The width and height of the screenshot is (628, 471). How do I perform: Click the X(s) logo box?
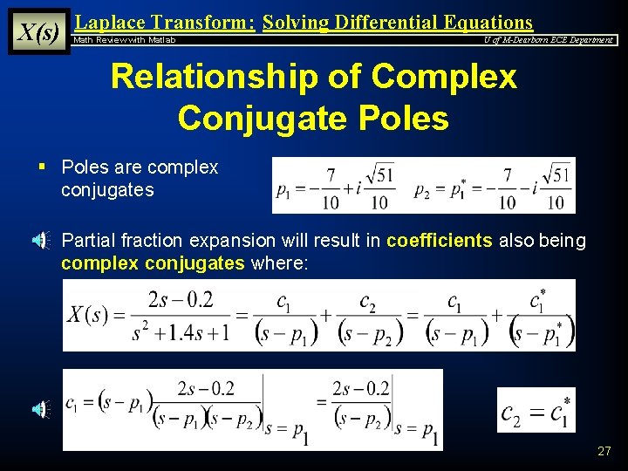pyautogui.click(x=39, y=32)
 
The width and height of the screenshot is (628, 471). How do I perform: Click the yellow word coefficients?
pyautogui.click(x=440, y=241)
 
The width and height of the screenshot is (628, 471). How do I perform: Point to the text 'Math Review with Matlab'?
pyautogui.click(x=125, y=40)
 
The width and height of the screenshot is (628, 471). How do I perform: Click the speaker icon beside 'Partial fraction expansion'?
pyautogui.click(x=41, y=241)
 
